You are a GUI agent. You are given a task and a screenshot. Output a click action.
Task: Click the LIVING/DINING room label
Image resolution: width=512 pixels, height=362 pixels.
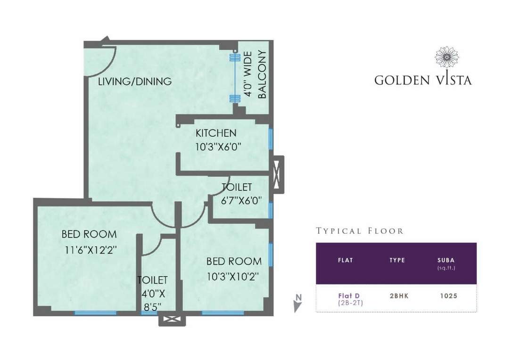[x=134, y=82]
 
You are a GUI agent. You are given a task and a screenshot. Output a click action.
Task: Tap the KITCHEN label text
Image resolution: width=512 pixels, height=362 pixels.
[x=216, y=133]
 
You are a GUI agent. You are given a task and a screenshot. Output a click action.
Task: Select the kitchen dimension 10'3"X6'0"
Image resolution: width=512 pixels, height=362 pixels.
[x=218, y=146]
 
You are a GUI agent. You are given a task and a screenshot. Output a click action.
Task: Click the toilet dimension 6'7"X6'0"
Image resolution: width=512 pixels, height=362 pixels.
[x=241, y=200]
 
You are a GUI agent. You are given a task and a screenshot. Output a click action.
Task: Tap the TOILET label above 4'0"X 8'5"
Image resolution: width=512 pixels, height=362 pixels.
[x=152, y=280]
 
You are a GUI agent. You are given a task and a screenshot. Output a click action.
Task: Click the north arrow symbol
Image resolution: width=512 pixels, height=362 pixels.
[x=297, y=303]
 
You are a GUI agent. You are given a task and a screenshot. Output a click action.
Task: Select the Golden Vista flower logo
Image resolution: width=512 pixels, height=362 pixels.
[x=446, y=58]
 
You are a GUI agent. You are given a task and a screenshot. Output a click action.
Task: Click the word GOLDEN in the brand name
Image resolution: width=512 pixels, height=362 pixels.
[x=402, y=80]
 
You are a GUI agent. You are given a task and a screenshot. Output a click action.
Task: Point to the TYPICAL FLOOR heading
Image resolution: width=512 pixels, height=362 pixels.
[x=360, y=231]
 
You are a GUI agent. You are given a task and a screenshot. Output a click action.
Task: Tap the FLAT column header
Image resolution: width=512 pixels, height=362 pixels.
[x=346, y=260]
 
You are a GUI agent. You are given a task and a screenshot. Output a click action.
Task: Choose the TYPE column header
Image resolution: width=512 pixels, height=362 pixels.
[x=397, y=260]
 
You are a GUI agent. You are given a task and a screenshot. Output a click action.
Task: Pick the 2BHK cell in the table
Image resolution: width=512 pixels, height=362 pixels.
[x=397, y=296]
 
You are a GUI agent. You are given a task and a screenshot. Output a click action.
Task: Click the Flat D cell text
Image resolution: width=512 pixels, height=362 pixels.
[x=346, y=296]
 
